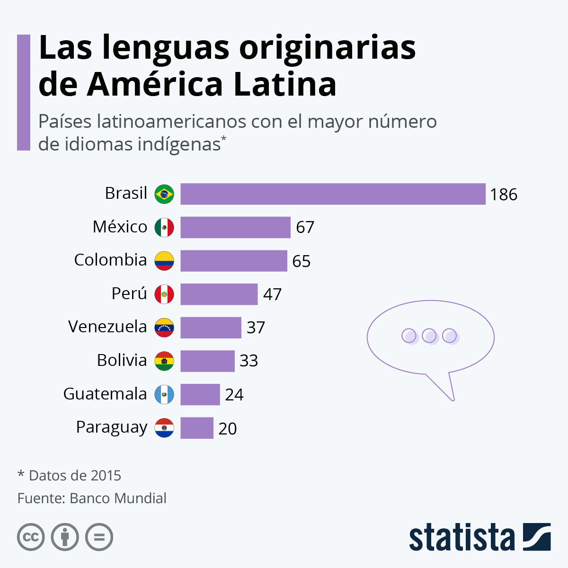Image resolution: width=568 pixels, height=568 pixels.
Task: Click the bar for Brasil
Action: point(333,194)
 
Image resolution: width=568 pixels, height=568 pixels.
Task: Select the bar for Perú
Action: point(219,294)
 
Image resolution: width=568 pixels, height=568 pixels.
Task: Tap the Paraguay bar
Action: point(196,428)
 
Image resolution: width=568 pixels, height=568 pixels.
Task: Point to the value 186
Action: point(504,195)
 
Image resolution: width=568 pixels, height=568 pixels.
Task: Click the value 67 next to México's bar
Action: point(305,228)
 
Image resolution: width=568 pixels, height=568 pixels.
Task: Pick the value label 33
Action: point(248,361)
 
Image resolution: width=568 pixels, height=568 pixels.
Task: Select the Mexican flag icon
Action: point(164,228)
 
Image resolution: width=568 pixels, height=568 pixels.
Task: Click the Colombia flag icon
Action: point(164,261)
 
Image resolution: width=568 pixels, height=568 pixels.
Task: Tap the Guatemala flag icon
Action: point(164,394)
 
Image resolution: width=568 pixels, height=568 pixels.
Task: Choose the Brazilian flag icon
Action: point(164,194)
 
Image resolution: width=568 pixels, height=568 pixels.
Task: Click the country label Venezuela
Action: point(107,327)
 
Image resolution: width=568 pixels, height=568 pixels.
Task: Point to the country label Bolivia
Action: point(122,360)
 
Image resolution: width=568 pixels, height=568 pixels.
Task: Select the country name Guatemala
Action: point(105,394)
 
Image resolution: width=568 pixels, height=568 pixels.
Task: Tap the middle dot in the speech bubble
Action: point(429,336)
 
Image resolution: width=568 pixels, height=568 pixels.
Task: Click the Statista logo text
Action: point(461,537)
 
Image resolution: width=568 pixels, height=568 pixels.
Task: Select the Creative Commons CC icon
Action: point(31,537)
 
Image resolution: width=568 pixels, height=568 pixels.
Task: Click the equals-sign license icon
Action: point(99,537)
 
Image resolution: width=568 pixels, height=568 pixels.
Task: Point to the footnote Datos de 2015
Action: point(74,475)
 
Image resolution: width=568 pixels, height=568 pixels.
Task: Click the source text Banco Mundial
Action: point(118,498)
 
